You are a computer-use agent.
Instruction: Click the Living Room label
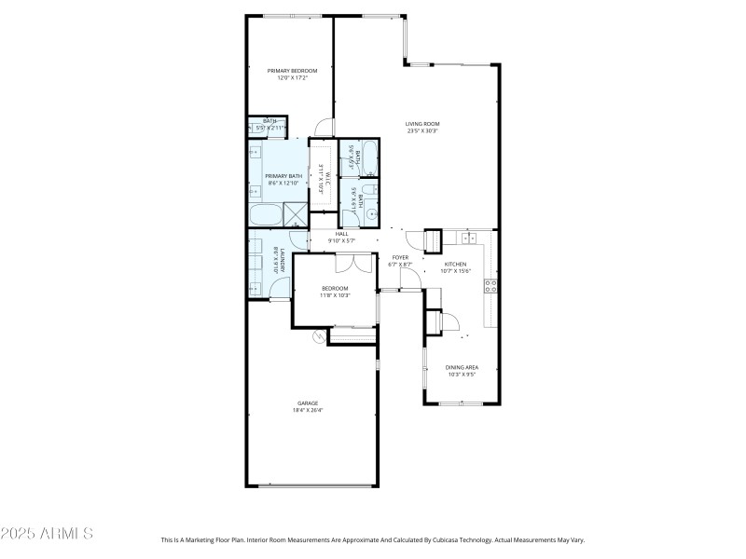pos(422,124)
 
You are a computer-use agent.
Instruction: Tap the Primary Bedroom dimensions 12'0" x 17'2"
pos(292,78)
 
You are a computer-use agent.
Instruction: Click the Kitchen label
pos(455,265)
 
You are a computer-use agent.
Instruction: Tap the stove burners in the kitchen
pos(490,286)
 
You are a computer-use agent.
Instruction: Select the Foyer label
pos(400,257)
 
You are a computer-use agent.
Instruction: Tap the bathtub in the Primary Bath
pos(265,216)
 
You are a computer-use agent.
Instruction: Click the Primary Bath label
pos(283,176)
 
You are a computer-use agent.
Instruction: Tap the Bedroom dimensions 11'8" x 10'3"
pos(335,295)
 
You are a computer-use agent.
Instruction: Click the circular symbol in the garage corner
pos(318,336)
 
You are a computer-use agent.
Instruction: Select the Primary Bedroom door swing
pos(323,128)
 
